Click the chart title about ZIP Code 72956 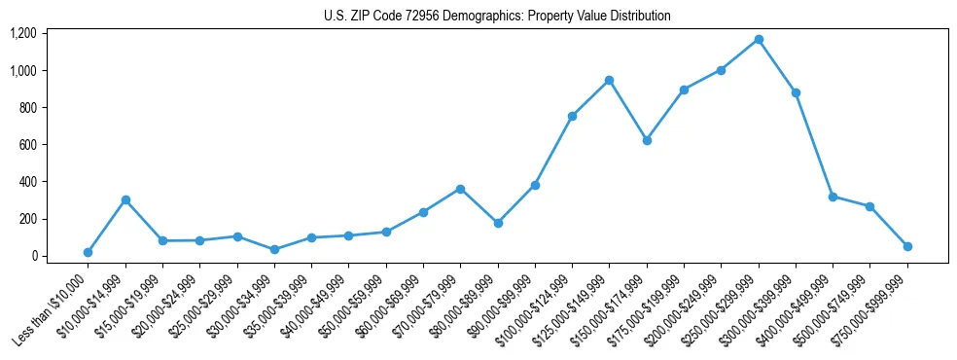pos(497,16)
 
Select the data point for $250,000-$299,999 pos(759,39)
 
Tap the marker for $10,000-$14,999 pos(125,199)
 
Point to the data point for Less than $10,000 pos(88,252)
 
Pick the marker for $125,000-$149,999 pos(609,80)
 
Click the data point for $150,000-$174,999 pos(647,140)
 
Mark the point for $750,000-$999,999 pos(907,246)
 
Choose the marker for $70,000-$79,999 pos(460,189)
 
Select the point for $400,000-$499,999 pos(833,197)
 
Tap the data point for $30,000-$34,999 pos(274,249)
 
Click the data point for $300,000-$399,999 pos(796,92)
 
